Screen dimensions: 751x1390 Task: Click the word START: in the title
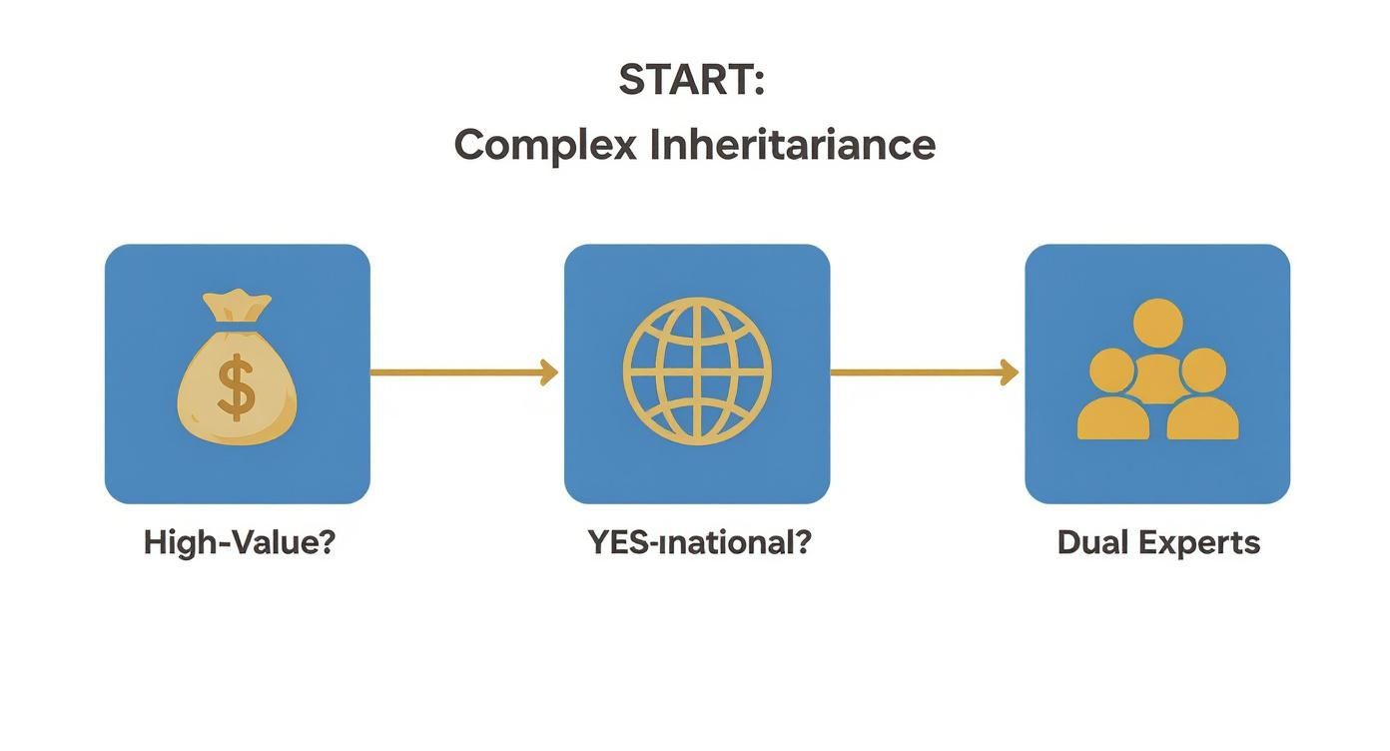tap(691, 80)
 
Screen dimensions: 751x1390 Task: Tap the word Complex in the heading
tap(545, 146)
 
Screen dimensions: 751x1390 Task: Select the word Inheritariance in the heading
tap(793, 146)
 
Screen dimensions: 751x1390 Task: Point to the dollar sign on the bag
tap(237, 389)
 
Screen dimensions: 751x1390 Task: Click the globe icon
tap(697, 372)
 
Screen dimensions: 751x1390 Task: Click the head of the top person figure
tap(1158, 322)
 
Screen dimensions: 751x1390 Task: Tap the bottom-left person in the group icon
tap(1111, 399)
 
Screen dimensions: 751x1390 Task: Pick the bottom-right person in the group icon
tap(1202, 399)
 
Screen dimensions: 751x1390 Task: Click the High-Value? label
tap(239, 543)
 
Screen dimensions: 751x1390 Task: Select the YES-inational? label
tap(699, 543)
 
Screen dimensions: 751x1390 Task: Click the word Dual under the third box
tap(1093, 543)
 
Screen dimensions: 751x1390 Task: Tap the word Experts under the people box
tap(1202, 543)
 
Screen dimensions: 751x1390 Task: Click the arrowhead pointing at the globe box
tap(548, 373)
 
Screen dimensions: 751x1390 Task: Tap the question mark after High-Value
tap(326, 543)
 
